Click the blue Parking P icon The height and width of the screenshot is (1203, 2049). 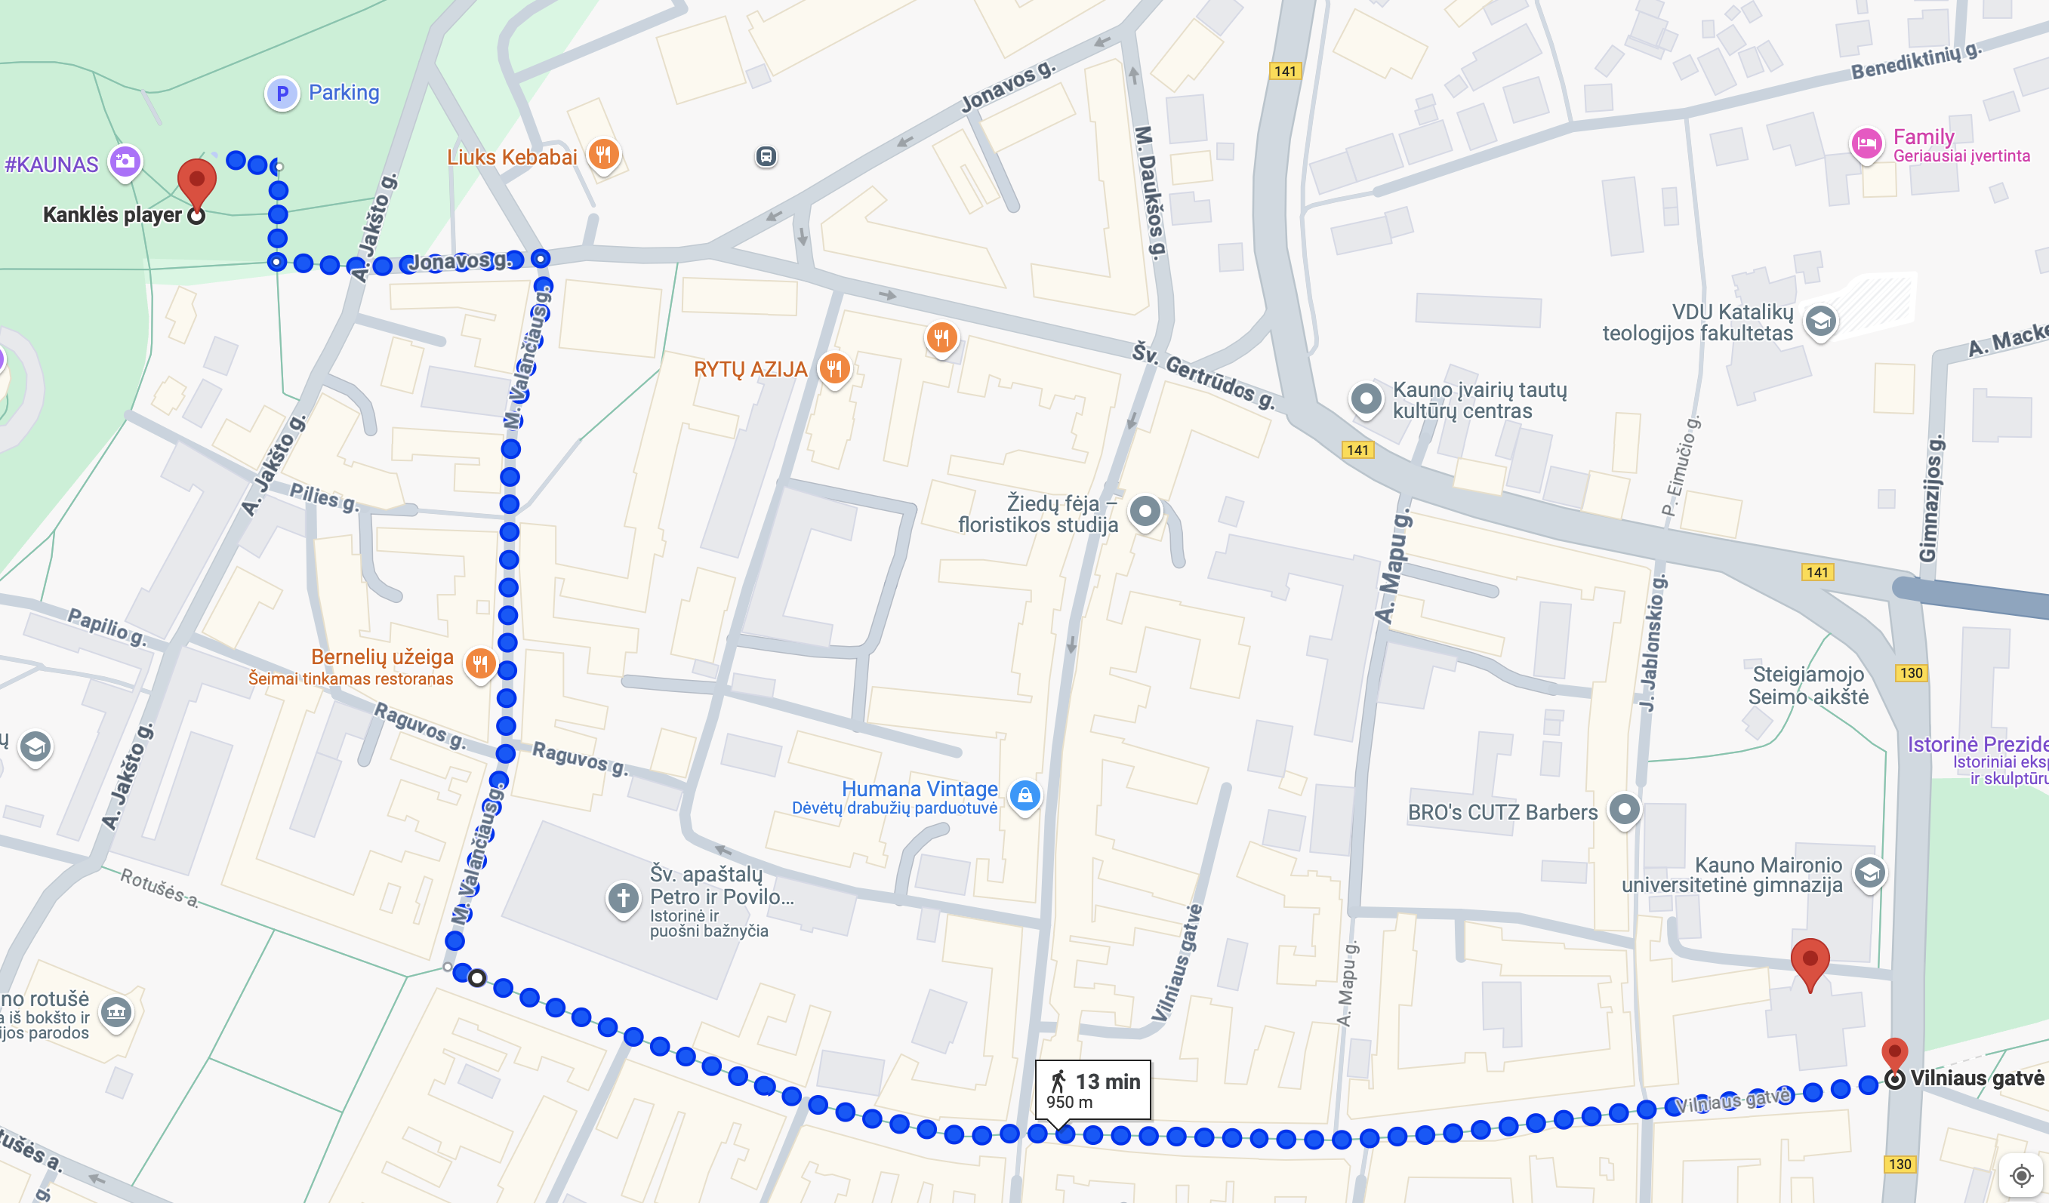coord(282,94)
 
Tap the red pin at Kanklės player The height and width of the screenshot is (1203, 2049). coord(197,180)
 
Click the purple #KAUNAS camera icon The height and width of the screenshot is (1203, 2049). coord(125,162)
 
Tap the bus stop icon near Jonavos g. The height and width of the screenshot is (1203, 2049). coord(765,156)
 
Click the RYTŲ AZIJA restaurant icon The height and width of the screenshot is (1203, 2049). coord(834,368)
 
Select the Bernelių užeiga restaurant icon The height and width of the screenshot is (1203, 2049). coord(480,663)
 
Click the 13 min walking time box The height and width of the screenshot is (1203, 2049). coord(1092,1089)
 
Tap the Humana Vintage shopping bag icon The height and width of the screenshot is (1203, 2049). coord(1024,795)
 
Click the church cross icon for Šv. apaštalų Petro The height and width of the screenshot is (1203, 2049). coord(624,898)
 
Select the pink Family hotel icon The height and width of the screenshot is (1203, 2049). coord(1866,144)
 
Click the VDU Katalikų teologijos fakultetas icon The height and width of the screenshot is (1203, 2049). coord(1820,321)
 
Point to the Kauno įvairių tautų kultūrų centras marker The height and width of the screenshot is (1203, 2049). coord(1366,399)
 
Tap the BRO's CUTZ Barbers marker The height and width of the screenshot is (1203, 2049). coord(1624,810)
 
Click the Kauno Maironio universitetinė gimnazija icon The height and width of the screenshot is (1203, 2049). coord(1869,873)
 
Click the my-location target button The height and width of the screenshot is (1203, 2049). coord(2020,1175)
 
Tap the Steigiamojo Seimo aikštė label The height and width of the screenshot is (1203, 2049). coord(1807,685)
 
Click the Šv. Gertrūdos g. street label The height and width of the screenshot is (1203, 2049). coord(1203,376)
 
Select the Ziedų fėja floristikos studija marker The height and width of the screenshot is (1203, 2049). coord(1145,511)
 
